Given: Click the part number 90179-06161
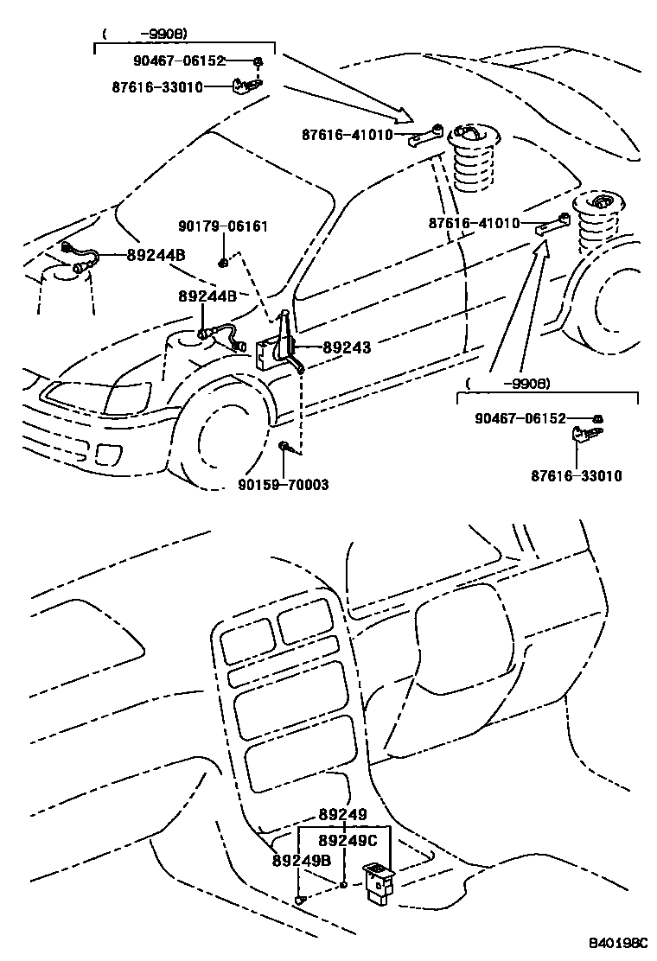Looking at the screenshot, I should (223, 226).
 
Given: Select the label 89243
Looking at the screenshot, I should (346, 347).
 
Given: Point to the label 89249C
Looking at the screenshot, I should (348, 840).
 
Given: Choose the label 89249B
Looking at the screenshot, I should (302, 860).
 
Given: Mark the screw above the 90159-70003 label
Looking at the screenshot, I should (284, 447).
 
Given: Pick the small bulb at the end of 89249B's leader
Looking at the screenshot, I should (300, 901).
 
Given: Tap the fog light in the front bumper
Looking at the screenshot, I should (110, 453).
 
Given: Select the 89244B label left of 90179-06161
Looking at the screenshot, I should (156, 255).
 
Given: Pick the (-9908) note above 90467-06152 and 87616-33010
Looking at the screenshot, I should (144, 35).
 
